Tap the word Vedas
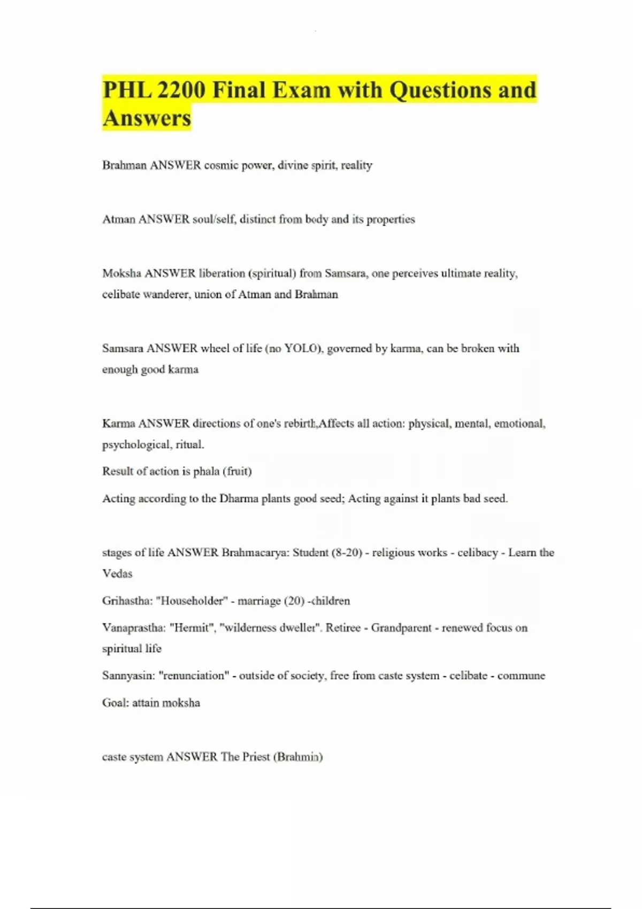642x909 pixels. pos(117,574)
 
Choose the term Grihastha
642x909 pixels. pos(126,601)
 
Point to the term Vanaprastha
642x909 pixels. pos(134,628)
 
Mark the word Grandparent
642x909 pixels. pos(401,628)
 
